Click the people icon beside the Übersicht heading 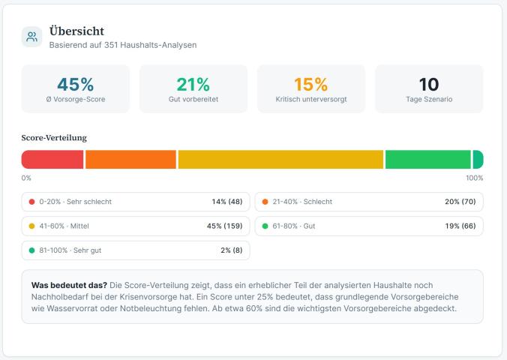(32, 37)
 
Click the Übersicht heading (76, 31)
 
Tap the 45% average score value (76, 85)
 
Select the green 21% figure (193, 85)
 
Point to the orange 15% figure (310, 85)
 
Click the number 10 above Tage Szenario (429, 85)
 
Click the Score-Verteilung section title (54, 138)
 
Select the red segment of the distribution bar (52, 159)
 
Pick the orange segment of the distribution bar (130, 159)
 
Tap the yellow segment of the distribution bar (280, 159)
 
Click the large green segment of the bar (427, 159)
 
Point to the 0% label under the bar (26, 178)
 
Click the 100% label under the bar (474, 178)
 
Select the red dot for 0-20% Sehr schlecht (31, 202)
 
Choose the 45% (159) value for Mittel (224, 226)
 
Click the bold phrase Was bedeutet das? (69, 286)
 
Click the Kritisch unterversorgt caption (310, 99)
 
